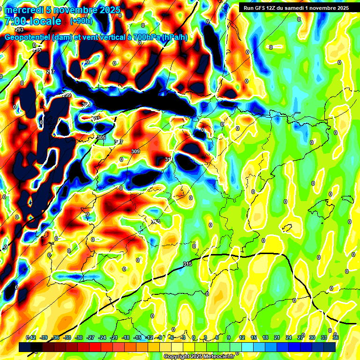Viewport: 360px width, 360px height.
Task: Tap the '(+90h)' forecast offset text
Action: pos(81,21)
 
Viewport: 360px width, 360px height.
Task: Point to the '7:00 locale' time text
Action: pos(33,21)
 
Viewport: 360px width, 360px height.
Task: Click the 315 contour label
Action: pos(187,264)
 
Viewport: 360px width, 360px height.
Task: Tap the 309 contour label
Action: pos(135,151)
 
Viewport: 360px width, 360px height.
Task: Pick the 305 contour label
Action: pos(101,137)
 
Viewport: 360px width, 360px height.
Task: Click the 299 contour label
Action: pos(67,95)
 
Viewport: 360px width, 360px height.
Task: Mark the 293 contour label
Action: pos(19,30)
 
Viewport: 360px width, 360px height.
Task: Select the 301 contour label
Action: pos(86,105)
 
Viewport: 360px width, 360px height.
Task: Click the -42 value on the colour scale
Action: pos(31,337)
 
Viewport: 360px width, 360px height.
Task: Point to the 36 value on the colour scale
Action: pos(336,337)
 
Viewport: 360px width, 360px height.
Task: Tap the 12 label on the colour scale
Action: pos(242,337)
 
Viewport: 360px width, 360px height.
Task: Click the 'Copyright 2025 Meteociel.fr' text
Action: pos(199,356)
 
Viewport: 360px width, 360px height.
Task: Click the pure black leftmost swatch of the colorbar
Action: pos(25,347)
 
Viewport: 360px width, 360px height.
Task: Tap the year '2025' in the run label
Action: pos(340,8)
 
